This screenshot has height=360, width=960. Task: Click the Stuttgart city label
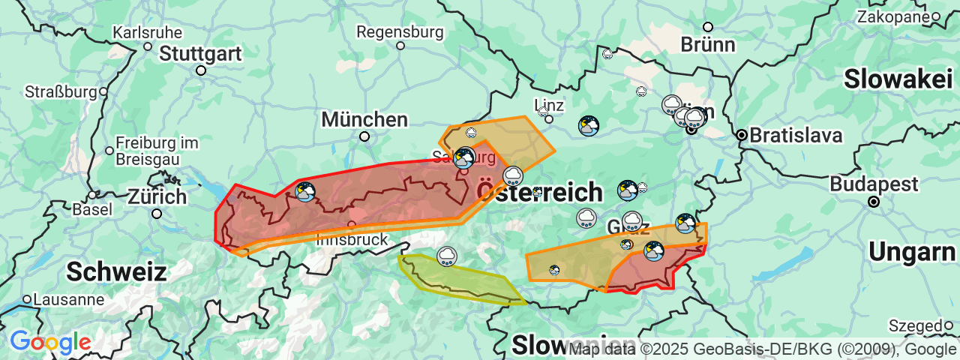click(200, 54)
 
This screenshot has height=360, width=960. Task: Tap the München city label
click(364, 119)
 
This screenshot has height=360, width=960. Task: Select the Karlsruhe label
click(147, 32)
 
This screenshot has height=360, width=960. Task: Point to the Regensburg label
click(400, 32)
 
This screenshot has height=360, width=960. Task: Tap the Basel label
click(91, 209)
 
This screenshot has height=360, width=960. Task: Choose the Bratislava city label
click(796, 136)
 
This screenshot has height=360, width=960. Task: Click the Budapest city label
click(874, 184)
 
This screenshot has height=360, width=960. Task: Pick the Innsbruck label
click(352, 240)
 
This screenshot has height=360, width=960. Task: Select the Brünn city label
click(708, 44)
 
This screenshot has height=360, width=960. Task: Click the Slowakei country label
click(898, 79)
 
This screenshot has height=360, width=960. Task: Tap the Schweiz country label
click(116, 271)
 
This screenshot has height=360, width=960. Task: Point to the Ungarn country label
click(913, 252)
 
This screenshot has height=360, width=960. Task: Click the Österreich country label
click(539, 192)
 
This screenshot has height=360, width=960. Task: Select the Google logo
click(50, 342)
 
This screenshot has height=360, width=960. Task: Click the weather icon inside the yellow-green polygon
click(448, 256)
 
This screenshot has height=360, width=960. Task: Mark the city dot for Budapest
click(873, 202)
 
